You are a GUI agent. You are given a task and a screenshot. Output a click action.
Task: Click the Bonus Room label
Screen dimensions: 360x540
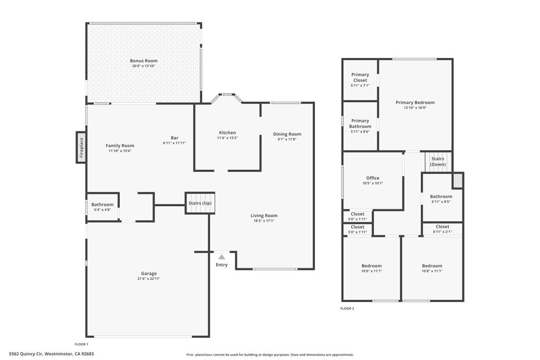[143, 61]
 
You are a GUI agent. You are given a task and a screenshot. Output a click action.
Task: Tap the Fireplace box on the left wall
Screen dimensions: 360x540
[81, 148]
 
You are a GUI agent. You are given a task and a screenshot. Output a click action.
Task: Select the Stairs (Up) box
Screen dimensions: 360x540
[200, 203]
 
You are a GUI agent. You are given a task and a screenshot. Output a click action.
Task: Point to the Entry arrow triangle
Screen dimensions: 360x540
[221, 257]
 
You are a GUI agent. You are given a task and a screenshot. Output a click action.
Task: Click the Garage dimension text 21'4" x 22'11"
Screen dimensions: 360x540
[149, 279]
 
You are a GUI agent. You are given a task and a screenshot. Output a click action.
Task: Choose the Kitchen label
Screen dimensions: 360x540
[227, 133]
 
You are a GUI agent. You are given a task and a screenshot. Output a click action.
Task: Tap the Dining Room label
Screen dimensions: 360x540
[287, 134]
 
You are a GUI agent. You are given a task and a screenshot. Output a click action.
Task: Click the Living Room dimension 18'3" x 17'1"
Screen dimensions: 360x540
[264, 221]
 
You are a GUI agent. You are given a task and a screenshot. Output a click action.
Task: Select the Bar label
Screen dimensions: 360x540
[175, 138]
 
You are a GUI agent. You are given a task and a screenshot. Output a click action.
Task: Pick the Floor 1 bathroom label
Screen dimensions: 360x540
[102, 205]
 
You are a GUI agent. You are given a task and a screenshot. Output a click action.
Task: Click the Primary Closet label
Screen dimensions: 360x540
[360, 77]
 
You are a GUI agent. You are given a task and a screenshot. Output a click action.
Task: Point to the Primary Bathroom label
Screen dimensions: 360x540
[360, 124]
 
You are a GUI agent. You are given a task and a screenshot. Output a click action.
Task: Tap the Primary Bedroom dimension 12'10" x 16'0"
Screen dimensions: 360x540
[415, 108]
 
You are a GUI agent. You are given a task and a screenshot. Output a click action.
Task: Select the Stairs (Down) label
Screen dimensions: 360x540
[438, 161]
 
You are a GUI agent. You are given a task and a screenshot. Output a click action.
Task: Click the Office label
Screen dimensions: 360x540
[373, 178]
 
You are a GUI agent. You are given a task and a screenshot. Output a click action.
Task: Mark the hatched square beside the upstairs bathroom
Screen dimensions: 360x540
[458, 180]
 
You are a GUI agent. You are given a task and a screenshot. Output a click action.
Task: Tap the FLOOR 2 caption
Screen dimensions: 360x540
[347, 308]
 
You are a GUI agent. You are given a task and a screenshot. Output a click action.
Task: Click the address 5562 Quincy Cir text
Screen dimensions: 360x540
[26, 354]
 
